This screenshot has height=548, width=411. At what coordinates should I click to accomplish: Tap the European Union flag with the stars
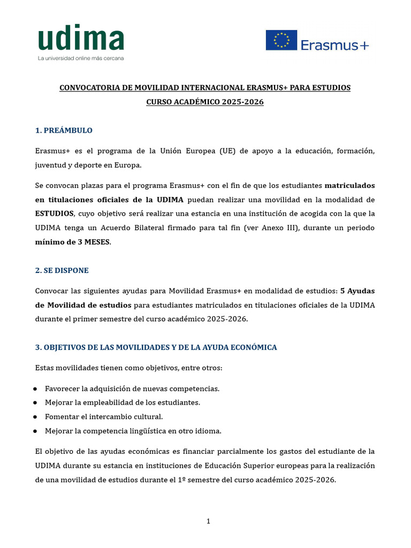[x=281, y=40]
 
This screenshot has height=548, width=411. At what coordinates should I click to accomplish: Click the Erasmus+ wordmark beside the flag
[x=334, y=45]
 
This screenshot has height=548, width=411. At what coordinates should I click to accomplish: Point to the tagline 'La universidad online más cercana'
[x=80, y=58]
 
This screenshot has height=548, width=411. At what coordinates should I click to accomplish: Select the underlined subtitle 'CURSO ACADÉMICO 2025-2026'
[x=205, y=102]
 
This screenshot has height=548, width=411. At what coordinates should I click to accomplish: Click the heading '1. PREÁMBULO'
[x=64, y=131]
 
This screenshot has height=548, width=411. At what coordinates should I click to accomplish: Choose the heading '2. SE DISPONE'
[x=62, y=270]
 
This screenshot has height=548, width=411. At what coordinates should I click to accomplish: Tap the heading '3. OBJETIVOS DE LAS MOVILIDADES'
[x=156, y=347]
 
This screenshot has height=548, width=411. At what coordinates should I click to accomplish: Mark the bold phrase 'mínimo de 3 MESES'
[x=72, y=242]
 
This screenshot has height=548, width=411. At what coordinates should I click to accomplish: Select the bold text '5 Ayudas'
[x=357, y=291]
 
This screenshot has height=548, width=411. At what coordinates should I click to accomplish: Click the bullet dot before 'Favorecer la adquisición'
[x=35, y=389]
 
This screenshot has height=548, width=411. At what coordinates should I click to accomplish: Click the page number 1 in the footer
[x=209, y=521]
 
